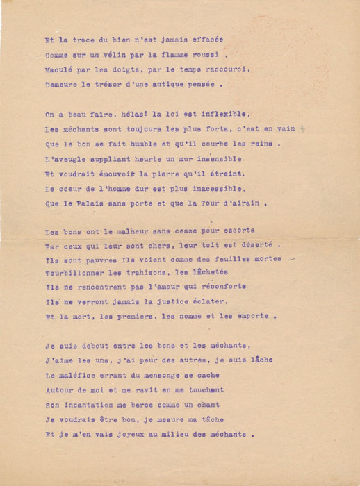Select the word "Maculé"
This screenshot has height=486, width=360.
(x=60, y=70)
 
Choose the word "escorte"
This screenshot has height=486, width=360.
(x=236, y=230)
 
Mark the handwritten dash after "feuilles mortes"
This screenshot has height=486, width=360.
(x=291, y=258)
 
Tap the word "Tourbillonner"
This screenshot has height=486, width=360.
(x=75, y=273)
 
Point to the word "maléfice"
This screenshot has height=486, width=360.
(x=83, y=374)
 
